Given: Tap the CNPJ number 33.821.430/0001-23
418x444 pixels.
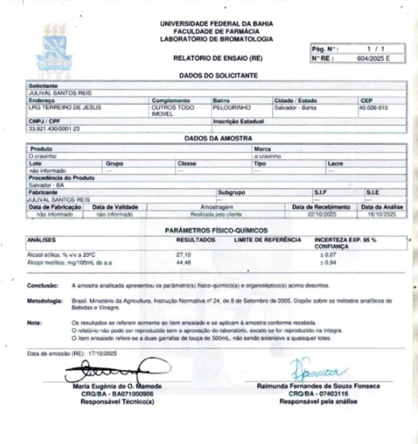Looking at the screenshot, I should (x=55, y=128).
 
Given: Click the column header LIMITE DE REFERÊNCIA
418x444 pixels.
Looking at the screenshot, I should (x=268, y=239).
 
